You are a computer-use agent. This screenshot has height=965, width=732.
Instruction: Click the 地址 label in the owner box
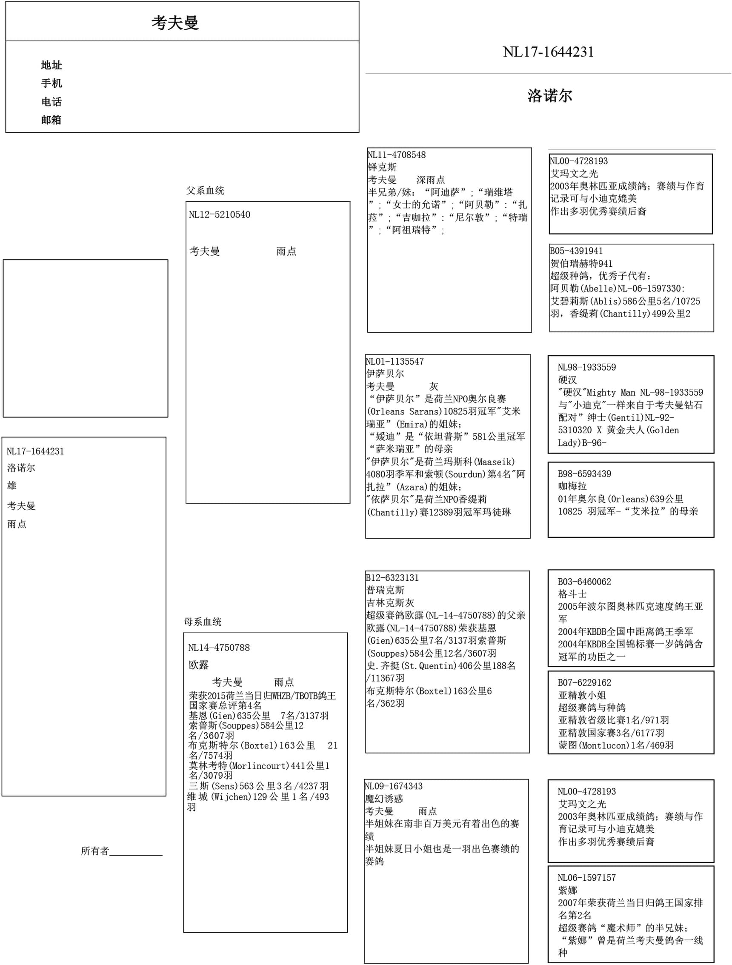pyautogui.click(x=51, y=66)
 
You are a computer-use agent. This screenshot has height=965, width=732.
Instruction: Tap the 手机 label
pyautogui.click(x=51, y=83)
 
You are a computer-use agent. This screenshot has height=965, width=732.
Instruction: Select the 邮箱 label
pyautogui.click(x=51, y=120)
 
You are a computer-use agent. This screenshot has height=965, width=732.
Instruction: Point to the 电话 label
pyautogui.click(x=51, y=102)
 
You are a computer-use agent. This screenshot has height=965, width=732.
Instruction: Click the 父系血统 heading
pyautogui.click(x=205, y=191)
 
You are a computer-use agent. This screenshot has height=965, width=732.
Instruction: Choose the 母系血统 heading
pyautogui.click(x=203, y=622)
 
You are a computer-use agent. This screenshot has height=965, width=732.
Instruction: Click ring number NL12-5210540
pyautogui.click(x=220, y=214)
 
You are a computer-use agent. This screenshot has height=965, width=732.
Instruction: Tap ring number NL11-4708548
pyautogui.click(x=397, y=155)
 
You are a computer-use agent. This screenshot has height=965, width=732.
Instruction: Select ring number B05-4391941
pyautogui.click(x=576, y=251)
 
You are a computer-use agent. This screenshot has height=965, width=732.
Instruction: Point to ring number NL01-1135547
pyautogui.click(x=395, y=361)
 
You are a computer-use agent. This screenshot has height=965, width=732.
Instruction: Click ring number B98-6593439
pyautogui.click(x=584, y=474)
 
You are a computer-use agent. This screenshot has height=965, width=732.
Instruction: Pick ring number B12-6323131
pyautogui.click(x=392, y=578)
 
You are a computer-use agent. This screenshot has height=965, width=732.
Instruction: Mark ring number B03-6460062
pyautogui.click(x=584, y=582)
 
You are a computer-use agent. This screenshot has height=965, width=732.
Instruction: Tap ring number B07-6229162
pyautogui.click(x=584, y=682)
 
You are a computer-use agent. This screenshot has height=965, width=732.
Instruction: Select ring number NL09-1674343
pyautogui.click(x=394, y=786)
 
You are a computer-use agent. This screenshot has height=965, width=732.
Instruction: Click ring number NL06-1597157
pyautogui.click(x=586, y=877)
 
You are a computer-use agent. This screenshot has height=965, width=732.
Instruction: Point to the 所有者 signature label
pyautogui.click(x=94, y=851)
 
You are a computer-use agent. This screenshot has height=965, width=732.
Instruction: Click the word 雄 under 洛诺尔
pyautogui.click(x=12, y=485)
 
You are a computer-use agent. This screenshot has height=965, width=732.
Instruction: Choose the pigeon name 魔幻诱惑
pyautogui.click(x=384, y=799)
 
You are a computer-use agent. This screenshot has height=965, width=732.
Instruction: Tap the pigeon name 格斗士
pyautogui.click(x=572, y=594)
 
